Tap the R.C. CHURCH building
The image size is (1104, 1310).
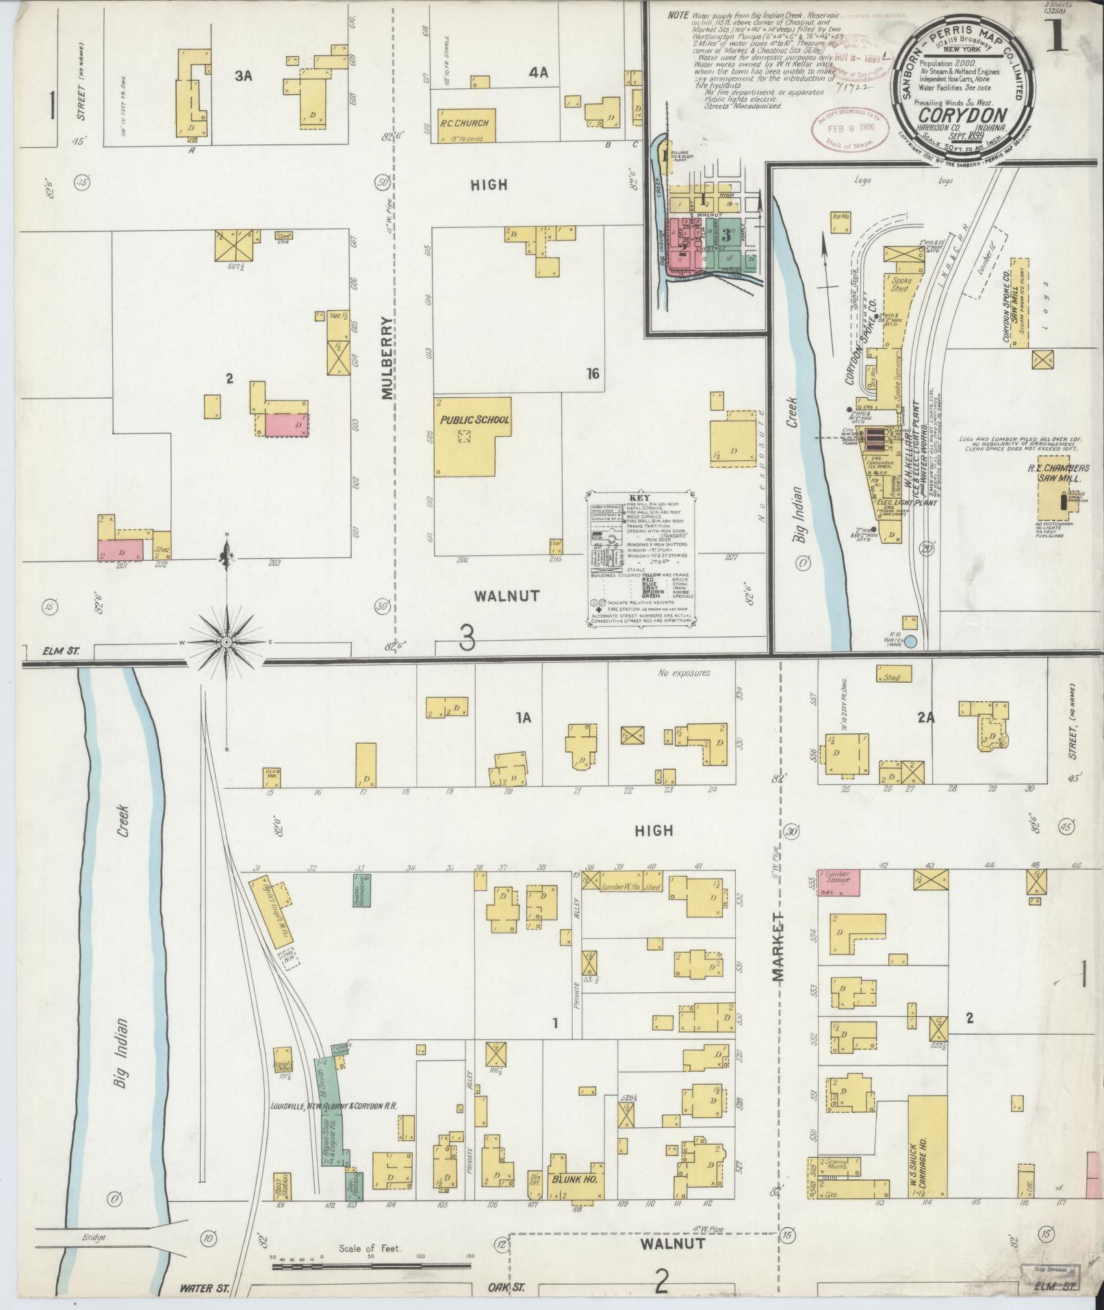point(464,124)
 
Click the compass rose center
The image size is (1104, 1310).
point(227,642)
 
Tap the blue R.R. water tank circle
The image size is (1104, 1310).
point(910,642)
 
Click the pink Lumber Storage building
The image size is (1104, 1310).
point(838,883)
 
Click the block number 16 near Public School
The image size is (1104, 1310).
point(593,373)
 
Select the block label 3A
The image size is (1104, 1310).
point(244,77)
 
